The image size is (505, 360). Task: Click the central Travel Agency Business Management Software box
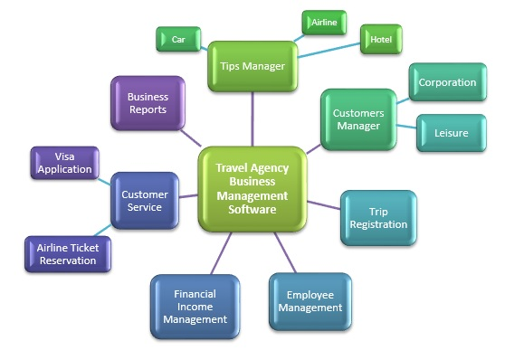[252, 188]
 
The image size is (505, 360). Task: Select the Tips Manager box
[252, 65]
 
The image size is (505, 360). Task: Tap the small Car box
[178, 40]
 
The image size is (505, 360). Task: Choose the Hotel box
[379, 40]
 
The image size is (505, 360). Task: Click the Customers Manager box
[358, 119]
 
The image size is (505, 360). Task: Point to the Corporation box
[446, 82]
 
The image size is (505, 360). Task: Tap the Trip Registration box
[378, 218]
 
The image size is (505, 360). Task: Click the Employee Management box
[309, 301]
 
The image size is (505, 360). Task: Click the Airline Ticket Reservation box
[66, 254]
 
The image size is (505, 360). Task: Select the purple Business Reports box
[148, 103]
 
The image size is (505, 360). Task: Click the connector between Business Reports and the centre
[191, 137]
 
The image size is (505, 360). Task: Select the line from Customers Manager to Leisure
[405, 128]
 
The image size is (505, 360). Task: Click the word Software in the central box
[252, 210]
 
